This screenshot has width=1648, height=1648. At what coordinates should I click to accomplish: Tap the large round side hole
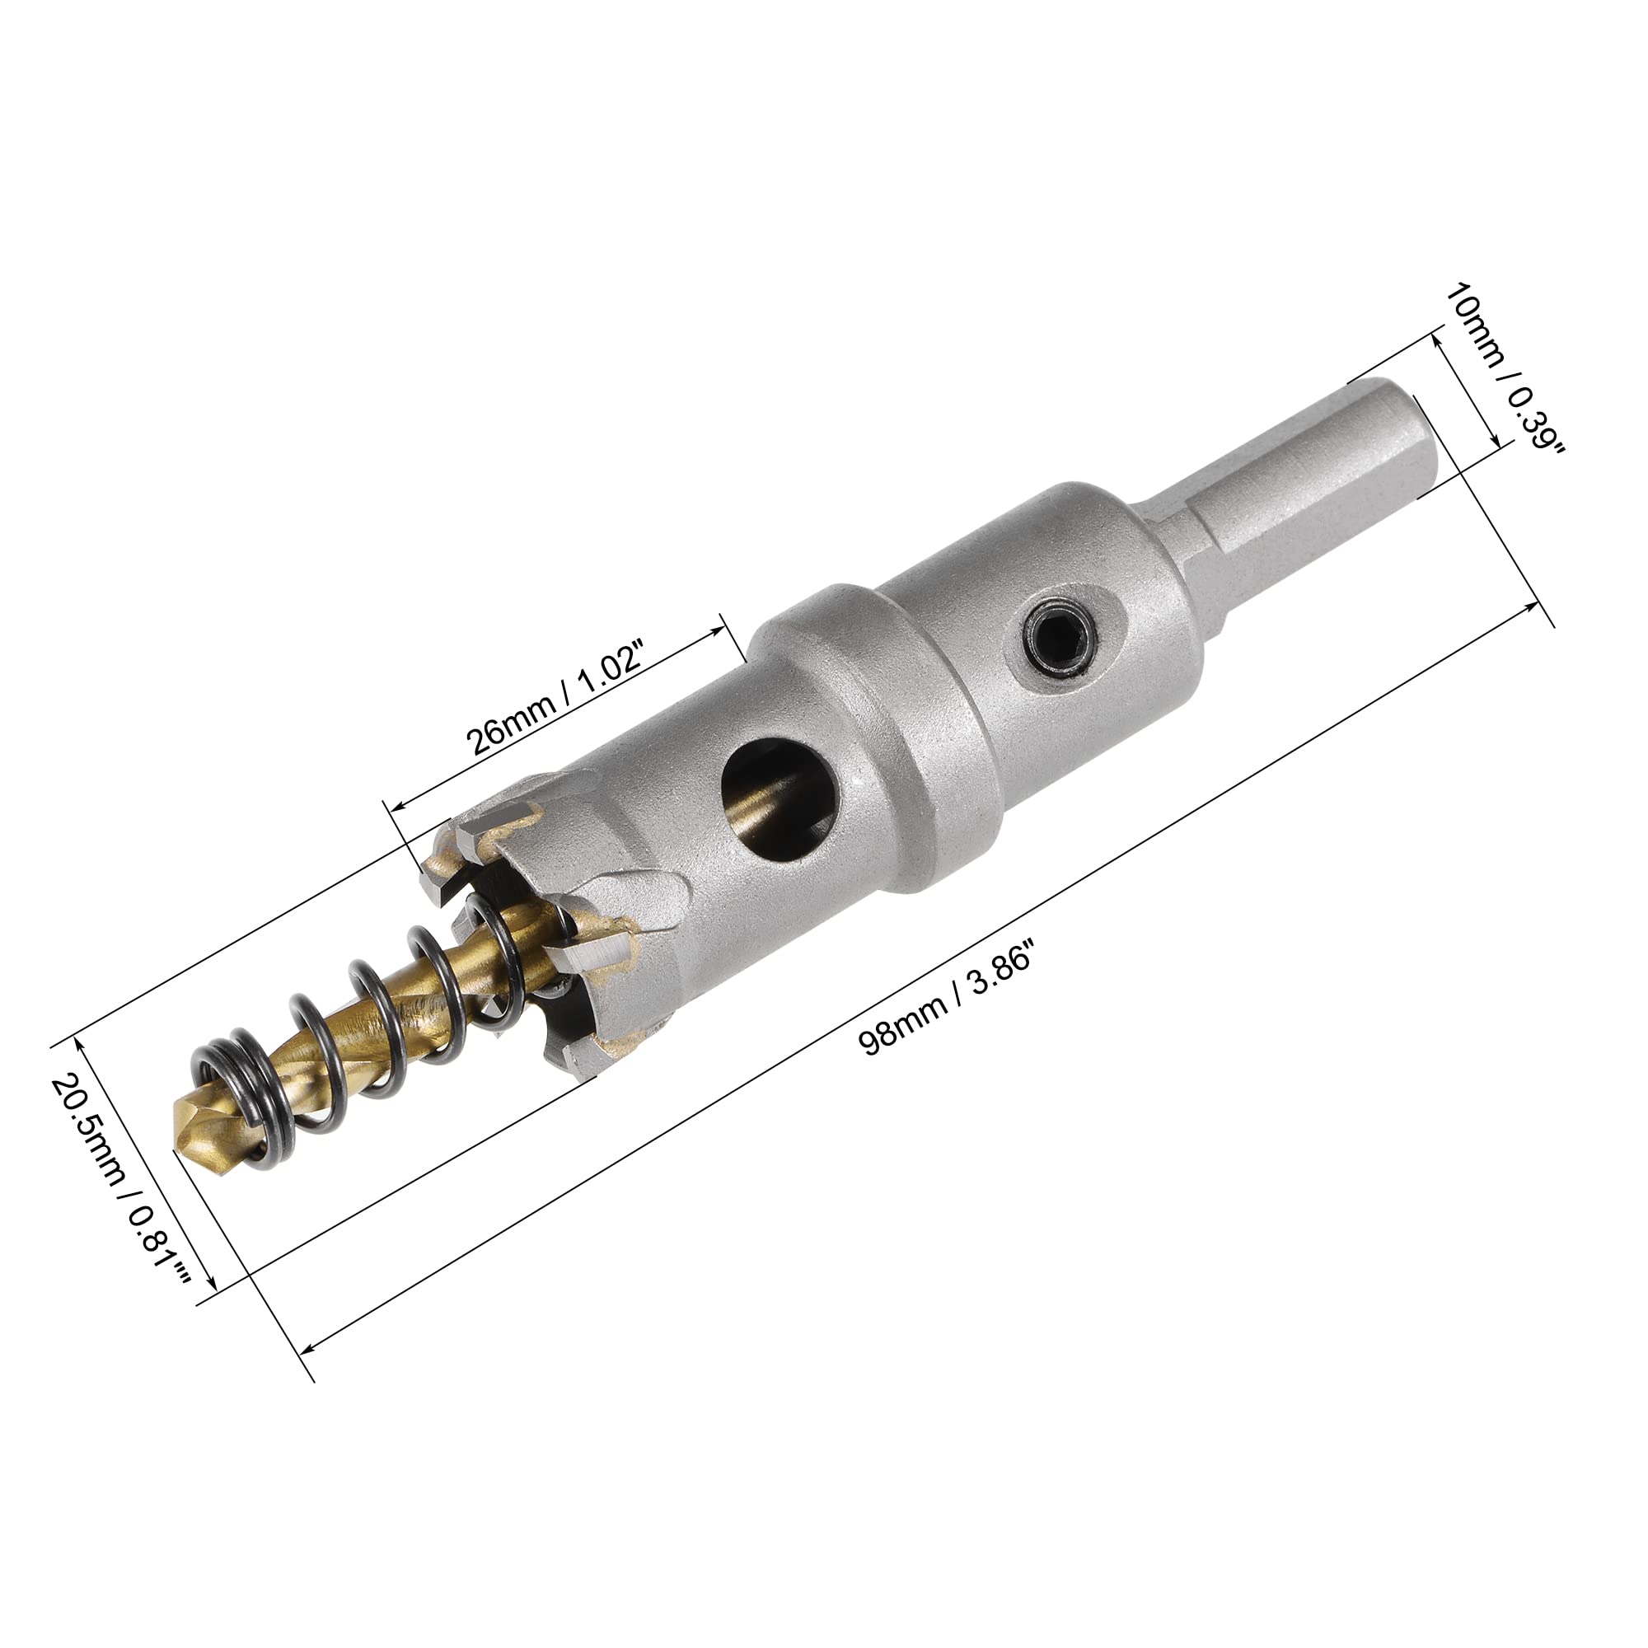(780, 794)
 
